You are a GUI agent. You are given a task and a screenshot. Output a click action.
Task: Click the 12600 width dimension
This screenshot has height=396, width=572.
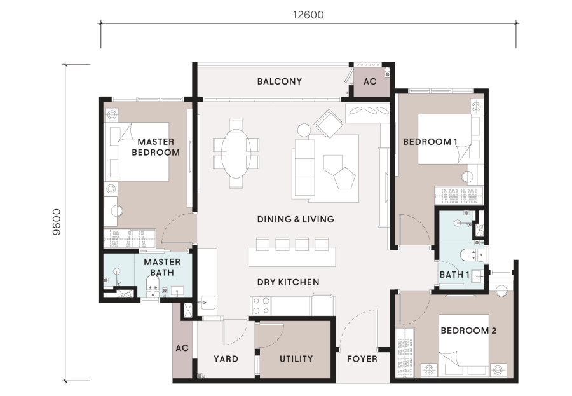point(308,15)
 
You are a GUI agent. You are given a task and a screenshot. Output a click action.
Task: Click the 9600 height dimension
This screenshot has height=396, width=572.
point(57,222)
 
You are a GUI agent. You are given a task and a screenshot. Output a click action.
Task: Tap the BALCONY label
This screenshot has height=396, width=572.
point(280,81)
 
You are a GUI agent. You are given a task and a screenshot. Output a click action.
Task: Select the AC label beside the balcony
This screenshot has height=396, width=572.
point(370,81)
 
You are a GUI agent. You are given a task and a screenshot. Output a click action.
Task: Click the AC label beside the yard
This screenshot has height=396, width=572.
point(182,348)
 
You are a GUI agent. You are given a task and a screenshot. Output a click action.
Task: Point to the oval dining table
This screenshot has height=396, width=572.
point(236,154)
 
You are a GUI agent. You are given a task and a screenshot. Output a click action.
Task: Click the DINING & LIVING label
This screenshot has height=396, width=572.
point(296,219)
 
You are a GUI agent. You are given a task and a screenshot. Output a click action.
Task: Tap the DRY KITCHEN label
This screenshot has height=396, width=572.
point(288,282)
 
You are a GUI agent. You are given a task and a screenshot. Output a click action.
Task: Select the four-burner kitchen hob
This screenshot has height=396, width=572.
point(261,306)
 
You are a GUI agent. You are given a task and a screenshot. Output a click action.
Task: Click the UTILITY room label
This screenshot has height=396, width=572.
point(296,359)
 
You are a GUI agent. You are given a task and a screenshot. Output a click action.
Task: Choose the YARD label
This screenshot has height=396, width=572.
point(226,359)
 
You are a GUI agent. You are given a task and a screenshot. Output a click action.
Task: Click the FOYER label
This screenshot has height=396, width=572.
point(362,359)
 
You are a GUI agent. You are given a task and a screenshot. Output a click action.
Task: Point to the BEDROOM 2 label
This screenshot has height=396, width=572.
point(468,331)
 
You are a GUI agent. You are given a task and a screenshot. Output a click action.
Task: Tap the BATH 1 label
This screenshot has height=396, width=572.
point(454,275)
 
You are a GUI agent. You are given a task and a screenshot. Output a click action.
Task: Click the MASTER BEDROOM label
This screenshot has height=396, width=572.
point(156,147)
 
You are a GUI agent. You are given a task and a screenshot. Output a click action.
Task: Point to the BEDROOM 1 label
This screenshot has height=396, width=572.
point(430,142)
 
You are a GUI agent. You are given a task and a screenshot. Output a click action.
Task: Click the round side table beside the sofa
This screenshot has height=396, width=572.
point(304,130)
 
